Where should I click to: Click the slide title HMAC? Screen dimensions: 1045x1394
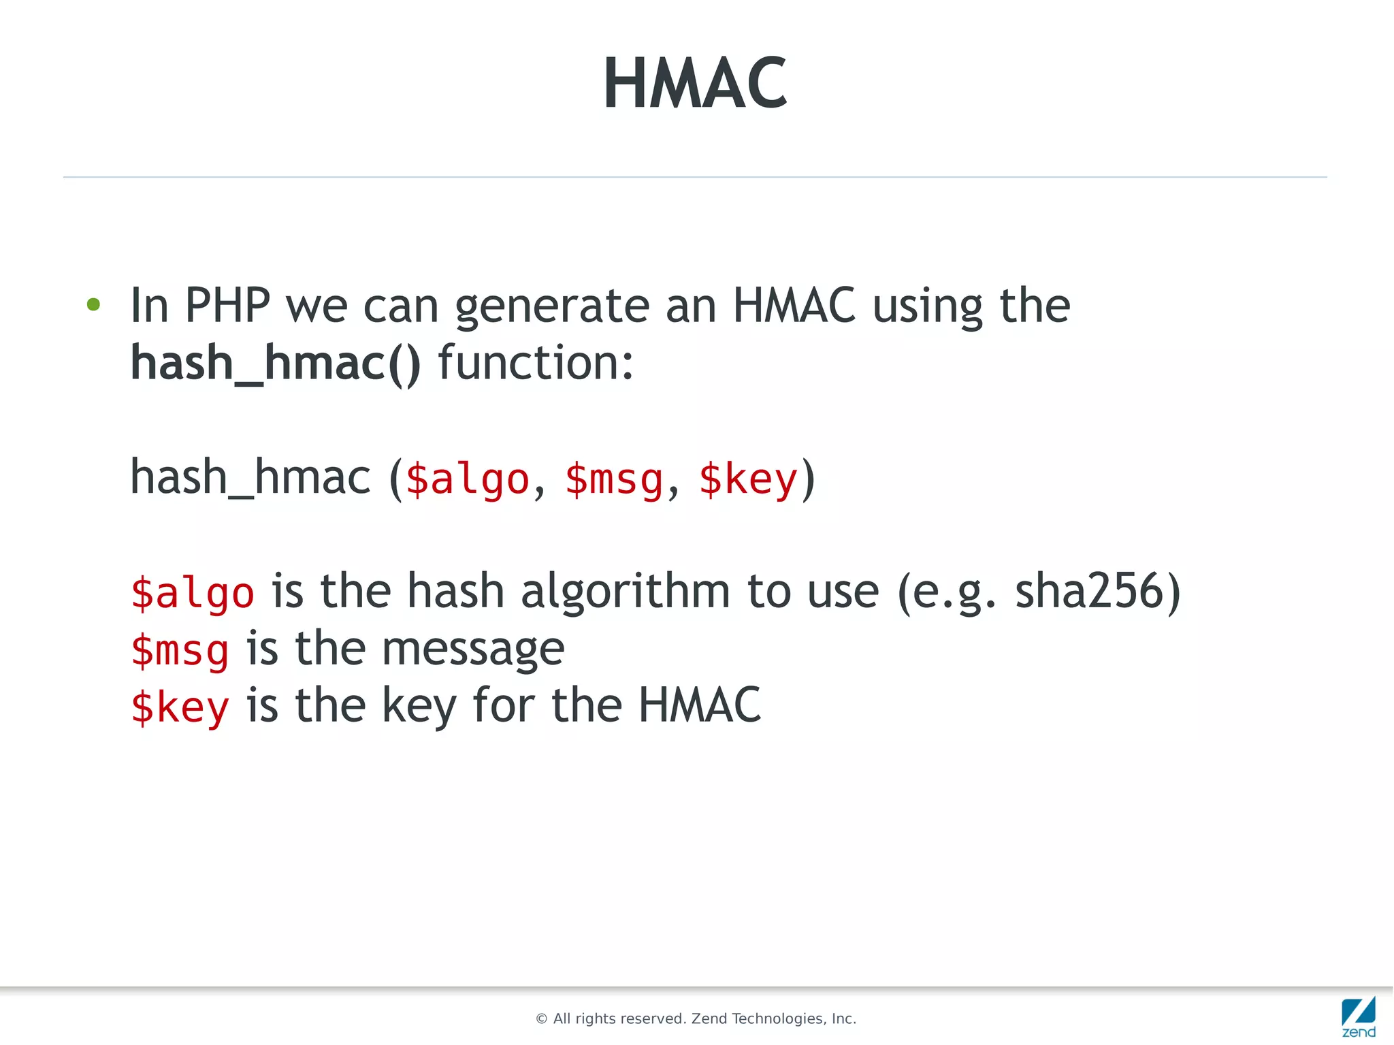point(695,83)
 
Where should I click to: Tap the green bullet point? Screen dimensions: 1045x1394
point(94,305)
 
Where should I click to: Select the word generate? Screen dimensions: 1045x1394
point(551,306)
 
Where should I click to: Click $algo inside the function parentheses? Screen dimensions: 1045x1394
point(467,479)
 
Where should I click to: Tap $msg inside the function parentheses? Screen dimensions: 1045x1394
point(614,479)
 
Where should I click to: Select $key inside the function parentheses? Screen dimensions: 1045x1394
point(747,479)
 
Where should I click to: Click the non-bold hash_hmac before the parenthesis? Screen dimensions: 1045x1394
point(250,477)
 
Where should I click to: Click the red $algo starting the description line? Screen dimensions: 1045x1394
point(193,592)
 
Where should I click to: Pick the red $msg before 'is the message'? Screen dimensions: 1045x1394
point(180,649)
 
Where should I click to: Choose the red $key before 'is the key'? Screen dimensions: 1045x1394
point(180,707)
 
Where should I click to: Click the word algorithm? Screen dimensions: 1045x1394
point(625,591)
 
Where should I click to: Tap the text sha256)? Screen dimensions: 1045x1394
point(1097,591)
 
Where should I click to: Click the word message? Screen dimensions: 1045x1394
point(473,649)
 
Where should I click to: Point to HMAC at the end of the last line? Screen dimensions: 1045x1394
point(699,705)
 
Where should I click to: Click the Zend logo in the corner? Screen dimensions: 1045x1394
point(1358,1016)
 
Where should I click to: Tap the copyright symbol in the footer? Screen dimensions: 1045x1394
point(542,1019)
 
